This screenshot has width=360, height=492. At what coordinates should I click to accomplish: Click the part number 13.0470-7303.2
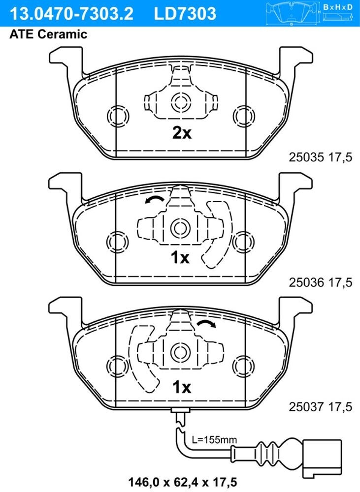coord(72,13)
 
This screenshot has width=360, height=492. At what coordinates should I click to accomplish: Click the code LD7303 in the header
coord(185,13)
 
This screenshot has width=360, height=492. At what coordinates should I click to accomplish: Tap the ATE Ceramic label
coord(48,34)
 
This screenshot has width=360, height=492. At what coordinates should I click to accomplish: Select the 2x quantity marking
coord(182,133)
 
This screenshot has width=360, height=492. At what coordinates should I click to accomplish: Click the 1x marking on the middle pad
coord(180,258)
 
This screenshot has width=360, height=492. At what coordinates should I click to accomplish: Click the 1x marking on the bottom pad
coord(182,387)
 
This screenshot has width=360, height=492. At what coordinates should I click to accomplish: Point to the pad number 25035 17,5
coord(321,157)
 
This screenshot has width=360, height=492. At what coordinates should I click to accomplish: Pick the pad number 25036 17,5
coord(321,282)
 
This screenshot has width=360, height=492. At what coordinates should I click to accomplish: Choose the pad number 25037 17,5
coord(321,407)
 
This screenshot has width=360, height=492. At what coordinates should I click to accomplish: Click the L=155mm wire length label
coord(214,440)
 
